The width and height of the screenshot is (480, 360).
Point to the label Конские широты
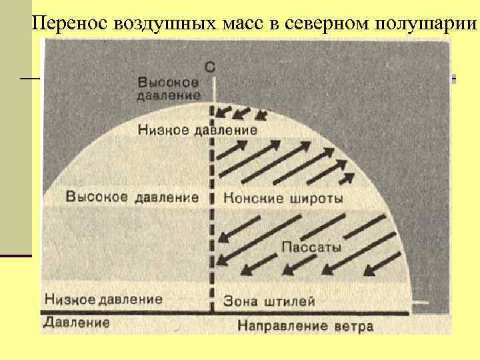point(283,198)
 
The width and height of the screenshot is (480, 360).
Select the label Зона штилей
point(269,301)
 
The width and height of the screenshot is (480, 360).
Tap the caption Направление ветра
point(305,326)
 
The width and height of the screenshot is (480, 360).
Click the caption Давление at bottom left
point(77,323)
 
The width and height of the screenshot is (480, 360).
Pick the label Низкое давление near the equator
point(103,299)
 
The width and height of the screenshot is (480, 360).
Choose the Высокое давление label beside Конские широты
point(133,197)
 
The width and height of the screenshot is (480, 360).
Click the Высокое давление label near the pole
point(169,89)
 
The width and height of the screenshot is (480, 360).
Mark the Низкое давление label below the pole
point(197,130)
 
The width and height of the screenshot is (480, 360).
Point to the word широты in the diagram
point(317,198)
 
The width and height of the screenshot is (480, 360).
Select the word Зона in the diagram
point(240,301)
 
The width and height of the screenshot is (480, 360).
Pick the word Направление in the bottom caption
point(282,326)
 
